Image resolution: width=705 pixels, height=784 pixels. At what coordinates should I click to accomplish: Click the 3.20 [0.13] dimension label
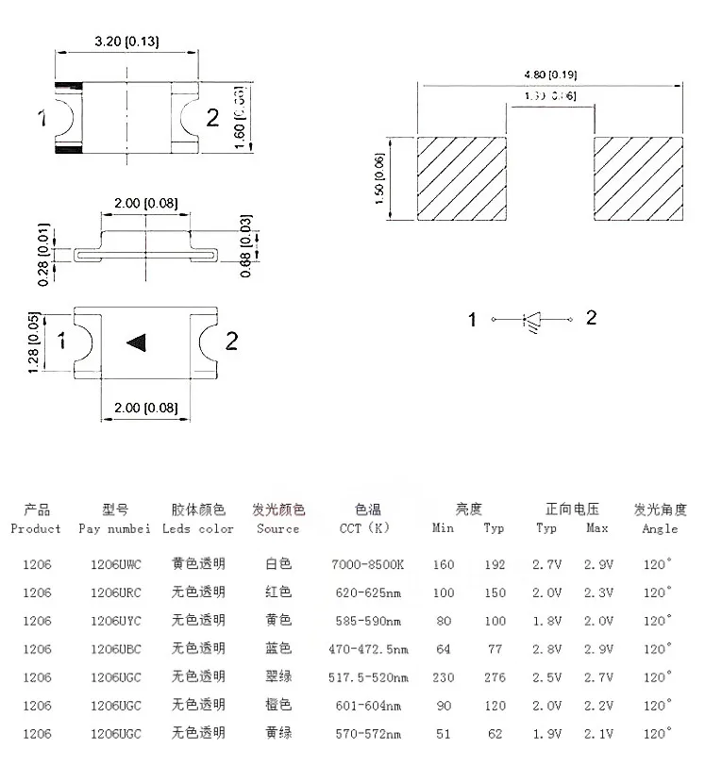[126, 42]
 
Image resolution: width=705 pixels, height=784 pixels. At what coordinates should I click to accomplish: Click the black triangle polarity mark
[138, 342]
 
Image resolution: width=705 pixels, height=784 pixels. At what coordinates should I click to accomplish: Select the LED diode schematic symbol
[532, 320]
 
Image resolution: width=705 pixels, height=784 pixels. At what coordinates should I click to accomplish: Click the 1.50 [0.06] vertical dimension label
[380, 178]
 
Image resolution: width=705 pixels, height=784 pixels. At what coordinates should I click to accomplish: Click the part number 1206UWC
[115, 565]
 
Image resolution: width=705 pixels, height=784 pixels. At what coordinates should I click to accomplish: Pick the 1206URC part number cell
[115, 592]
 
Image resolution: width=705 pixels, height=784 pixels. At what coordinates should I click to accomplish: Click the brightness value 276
[494, 677]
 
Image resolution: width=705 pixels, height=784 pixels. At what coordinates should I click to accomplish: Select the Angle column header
[660, 529]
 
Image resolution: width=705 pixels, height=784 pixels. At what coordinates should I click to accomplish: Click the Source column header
[278, 529]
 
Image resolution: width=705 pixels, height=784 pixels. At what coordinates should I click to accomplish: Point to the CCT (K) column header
[365, 529]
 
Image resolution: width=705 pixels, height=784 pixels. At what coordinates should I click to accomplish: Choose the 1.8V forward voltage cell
[547, 621]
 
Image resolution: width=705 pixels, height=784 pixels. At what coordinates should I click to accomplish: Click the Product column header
[36, 529]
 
